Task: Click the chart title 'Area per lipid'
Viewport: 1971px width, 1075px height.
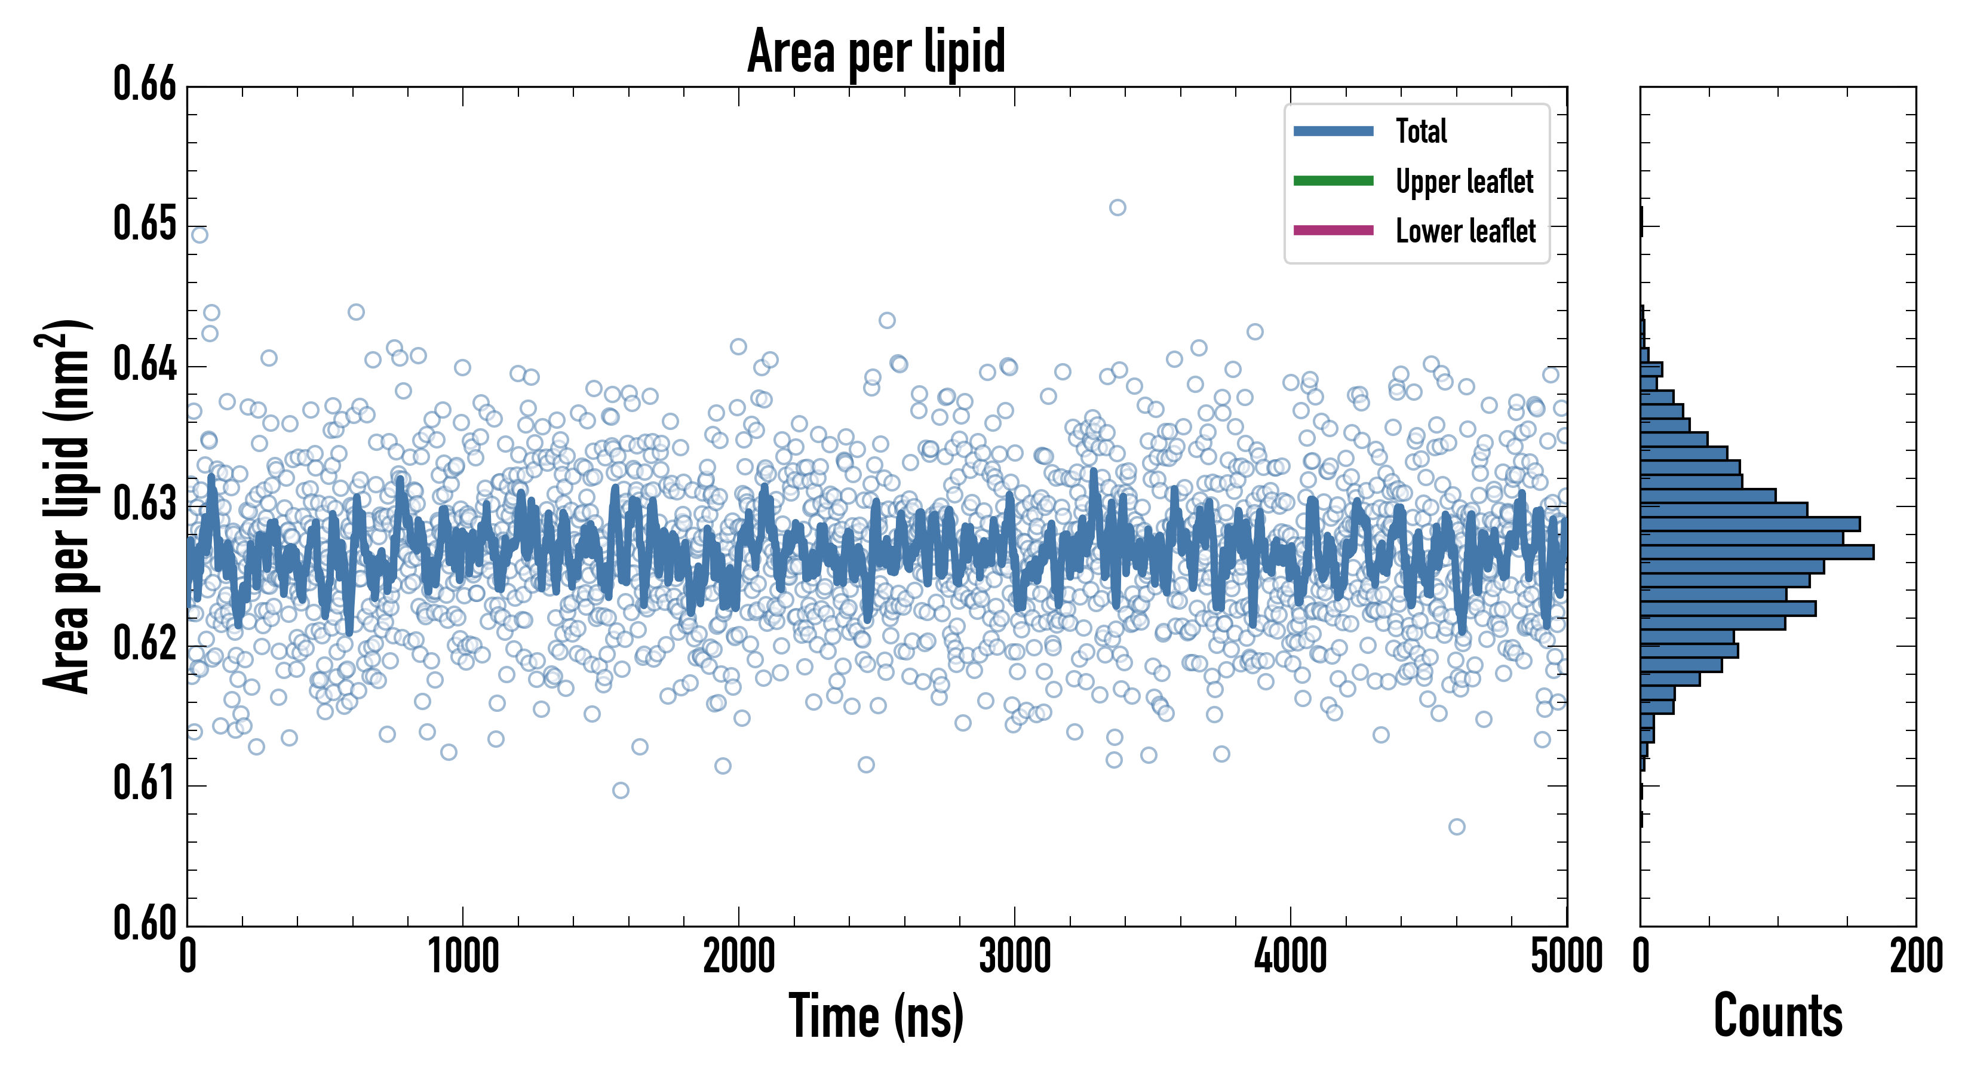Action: tap(876, 51)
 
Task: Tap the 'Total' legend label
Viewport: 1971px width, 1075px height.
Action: tap(1421, 131)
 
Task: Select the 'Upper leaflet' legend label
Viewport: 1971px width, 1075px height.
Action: tap(1464, 182)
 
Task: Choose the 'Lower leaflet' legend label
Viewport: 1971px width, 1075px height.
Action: tap(1465, 231)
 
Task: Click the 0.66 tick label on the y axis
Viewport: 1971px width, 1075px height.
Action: tap(145, 84)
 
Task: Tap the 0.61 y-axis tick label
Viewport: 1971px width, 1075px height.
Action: tap(145, 784)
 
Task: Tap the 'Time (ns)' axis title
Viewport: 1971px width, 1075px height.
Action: tap(876, 1016)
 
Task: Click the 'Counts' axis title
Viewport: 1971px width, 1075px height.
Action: tap(1777, 1016)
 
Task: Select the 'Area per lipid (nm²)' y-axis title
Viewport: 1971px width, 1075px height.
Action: tap(66, 506)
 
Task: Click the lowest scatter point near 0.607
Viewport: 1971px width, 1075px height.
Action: tap(1457, 827)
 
